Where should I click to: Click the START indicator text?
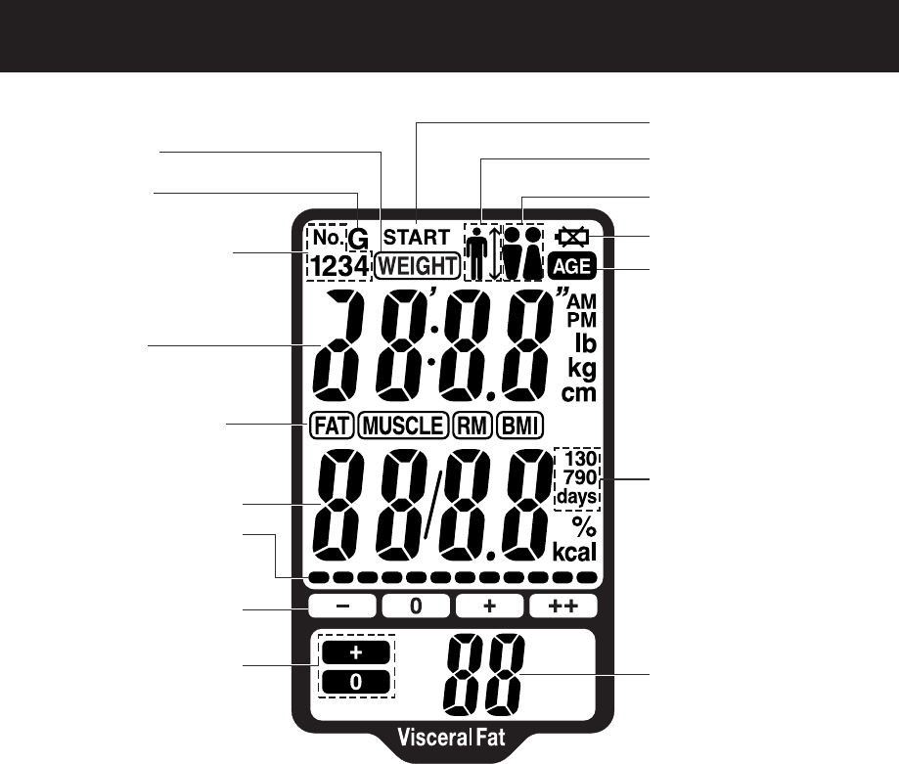coord(417,237)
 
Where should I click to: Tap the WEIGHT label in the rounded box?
coord(418,264)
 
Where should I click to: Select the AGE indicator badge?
coord(570,264)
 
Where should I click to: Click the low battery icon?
coord(570,237)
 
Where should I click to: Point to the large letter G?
coord(359,239)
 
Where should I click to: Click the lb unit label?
coord(584,344)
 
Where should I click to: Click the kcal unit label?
coord(575,551)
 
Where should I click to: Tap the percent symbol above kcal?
coord(584,526)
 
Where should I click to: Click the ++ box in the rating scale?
coord(563,607)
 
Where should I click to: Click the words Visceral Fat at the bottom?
coord(452,737)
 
